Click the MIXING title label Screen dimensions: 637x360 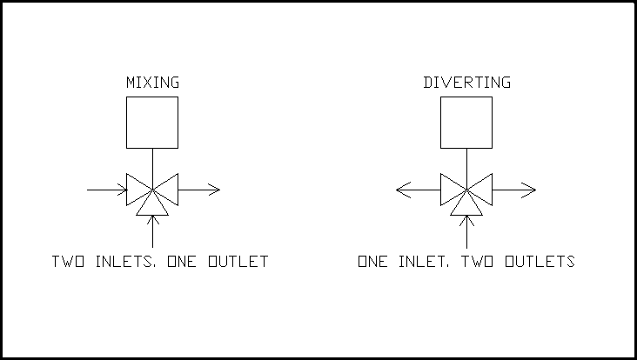coord(152,83)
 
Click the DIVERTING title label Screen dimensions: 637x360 coord(466,83)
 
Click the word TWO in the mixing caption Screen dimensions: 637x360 coord(68,262)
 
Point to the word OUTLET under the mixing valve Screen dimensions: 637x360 coord(238,262)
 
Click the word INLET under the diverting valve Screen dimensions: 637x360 coord(424,262)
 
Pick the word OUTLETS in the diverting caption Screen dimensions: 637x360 coord(540,262)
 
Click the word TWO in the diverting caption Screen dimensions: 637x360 coord(478,262)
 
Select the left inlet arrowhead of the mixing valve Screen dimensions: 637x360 coord(123,190)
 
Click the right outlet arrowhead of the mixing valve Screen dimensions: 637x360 coord(214,190)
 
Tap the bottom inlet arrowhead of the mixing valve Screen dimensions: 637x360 coord(153,220)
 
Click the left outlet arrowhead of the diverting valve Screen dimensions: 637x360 coord(403,190)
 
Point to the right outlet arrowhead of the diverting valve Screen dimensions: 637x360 coord(529,190)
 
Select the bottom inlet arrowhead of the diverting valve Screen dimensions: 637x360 coord(466,220)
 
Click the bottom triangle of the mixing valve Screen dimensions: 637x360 coord(152,215)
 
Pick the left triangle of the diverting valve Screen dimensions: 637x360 coord(441,190)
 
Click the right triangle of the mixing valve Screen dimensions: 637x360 coord(178,190)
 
